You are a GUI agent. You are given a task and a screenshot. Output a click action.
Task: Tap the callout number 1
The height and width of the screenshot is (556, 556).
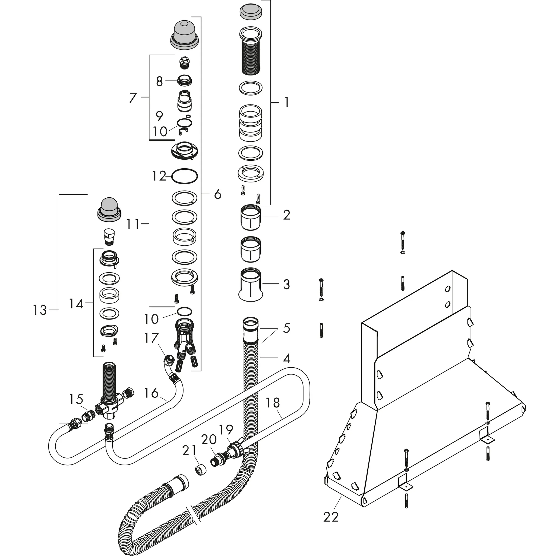[286, 102]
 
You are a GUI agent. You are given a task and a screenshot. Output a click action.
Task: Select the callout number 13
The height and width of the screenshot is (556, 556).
[39, 310]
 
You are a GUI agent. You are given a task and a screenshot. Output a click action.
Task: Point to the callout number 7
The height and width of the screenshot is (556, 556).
[132, 98]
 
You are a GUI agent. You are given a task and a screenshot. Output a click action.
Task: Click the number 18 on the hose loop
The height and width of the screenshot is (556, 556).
[272, 403]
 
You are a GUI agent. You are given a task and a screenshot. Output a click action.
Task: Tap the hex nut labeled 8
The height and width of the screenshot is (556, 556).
[185, 81]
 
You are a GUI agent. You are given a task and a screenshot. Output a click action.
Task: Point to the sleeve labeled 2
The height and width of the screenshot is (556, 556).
[250, 217]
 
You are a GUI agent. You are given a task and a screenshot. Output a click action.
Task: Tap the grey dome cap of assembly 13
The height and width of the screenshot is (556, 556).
[109, 209]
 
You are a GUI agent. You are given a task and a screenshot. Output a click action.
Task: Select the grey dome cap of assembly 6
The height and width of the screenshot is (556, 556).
[184, 34]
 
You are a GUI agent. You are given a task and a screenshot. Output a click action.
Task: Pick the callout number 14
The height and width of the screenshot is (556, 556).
[76, 304]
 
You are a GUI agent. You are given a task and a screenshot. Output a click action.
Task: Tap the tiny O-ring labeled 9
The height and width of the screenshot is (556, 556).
[188, 116]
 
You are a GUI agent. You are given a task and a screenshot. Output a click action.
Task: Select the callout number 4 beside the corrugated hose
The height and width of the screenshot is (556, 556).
[286, 358]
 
